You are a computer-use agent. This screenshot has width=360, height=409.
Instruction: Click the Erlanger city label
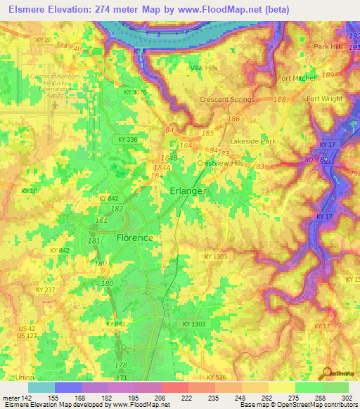188,191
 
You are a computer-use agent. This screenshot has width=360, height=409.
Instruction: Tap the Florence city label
134,238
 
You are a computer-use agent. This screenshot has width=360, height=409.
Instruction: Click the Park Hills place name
331,46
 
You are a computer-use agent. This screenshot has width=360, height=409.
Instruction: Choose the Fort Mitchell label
297,78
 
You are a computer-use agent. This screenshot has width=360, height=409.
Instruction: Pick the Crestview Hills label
220,163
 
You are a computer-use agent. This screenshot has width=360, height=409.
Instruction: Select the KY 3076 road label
135,92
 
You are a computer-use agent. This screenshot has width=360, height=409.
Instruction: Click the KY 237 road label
44,290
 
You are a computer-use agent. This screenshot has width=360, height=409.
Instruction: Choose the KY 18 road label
29,190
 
